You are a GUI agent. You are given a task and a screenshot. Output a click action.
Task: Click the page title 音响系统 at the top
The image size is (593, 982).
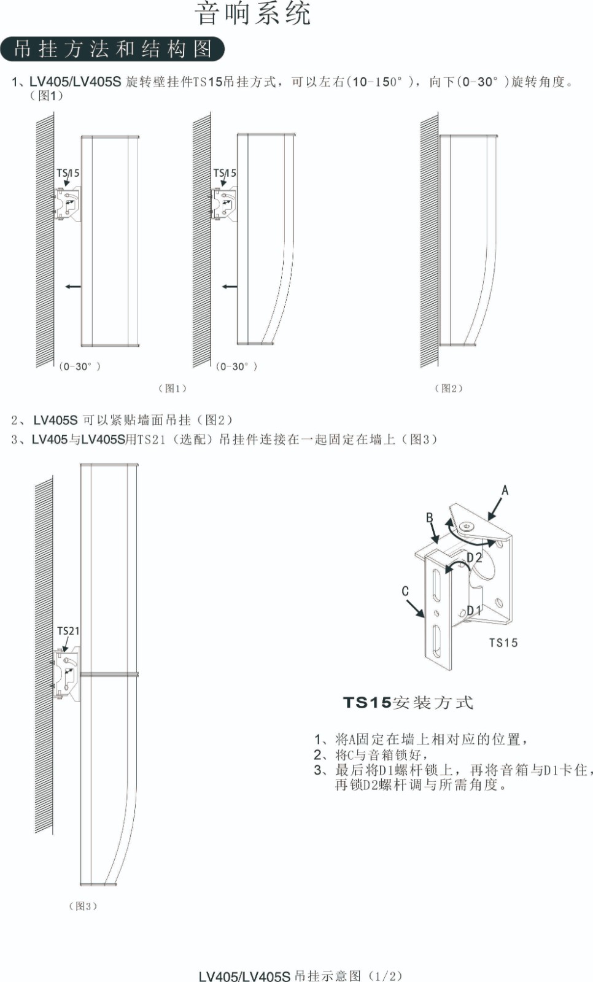point(253,14)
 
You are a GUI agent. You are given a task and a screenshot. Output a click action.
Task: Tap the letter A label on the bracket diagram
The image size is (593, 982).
point(505,490)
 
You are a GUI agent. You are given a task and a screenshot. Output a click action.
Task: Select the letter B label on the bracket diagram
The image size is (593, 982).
point(430,518)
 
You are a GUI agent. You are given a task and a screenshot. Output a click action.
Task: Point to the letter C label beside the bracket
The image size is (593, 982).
point(405,591)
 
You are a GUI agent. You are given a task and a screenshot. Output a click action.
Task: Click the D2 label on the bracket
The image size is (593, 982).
point(475,557)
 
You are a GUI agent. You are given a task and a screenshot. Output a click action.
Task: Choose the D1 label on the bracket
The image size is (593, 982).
point(474,610)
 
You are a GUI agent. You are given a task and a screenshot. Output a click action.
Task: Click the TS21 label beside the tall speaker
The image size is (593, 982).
point(68,631)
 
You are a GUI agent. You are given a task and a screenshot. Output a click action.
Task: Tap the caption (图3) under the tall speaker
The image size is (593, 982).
point(83,906)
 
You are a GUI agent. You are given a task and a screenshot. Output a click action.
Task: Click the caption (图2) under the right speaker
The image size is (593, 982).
point(449,388)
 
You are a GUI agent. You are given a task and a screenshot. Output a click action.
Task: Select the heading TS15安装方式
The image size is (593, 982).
point(408,703)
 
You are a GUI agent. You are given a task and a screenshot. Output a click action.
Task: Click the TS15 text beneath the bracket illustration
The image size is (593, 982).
point(503,643)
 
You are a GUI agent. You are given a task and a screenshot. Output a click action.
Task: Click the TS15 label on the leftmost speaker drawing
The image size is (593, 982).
point(68,173)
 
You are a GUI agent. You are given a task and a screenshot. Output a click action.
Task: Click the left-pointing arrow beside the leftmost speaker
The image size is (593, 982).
point(72,286)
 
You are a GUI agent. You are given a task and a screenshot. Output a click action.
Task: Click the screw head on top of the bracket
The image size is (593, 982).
point(466,526)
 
